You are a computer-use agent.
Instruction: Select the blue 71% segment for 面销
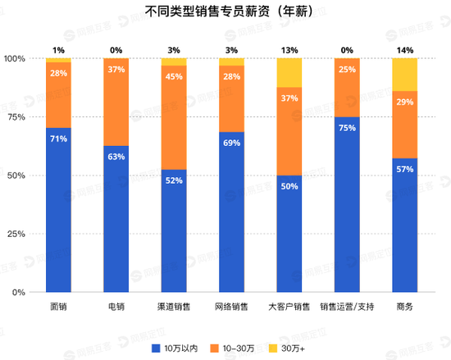pyautogui.click(x=58, y=210)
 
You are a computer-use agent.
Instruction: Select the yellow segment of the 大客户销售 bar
pyautogui.click(x=289, y=73)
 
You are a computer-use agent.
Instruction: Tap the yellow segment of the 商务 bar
pyautogui.click(x=405, y=75)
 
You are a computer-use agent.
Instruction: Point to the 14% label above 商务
pyautogui.click(x=404, y=50)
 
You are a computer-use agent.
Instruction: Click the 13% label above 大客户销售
pyautogui.click(x=289, y=50)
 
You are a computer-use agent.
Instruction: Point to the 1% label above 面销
pyautogui.click(x=58, y=50)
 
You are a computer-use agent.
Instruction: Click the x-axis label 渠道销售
pyautogui.click(x=174, y=308)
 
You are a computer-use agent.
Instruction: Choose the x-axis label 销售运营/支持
pyautogui.click(x=347, y=308)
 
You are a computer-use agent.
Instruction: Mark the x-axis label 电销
pyautogui.click(x=116, y=308)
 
